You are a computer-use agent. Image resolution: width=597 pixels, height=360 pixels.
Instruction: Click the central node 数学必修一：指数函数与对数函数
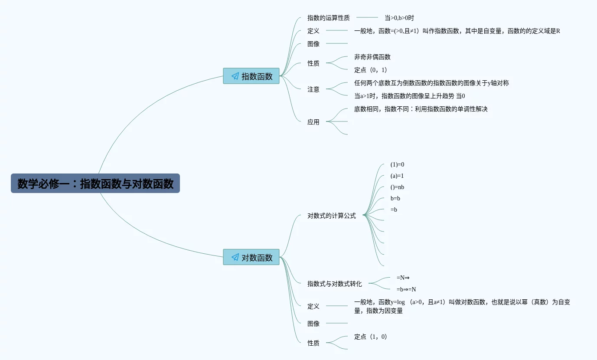pyautogui.click(x=95, y=183)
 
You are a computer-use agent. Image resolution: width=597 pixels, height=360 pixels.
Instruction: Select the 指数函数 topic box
pyautogui.click(x=251, y=76)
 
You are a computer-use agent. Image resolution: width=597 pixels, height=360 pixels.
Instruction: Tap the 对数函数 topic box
pyautogui.click(x=251, y=257)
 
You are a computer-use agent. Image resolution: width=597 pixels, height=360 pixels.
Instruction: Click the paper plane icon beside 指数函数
pyautogui.click(x=235, y=76)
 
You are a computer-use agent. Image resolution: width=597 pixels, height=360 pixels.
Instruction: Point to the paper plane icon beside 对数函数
pyautogui.click(x=235, y=257)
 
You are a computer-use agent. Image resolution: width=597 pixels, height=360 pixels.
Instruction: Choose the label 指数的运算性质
pyautogui.click(x=329, y=18)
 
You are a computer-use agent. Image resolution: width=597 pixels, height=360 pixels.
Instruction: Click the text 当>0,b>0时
pyautogui.click(x=399, y=18)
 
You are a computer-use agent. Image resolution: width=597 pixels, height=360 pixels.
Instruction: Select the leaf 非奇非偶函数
pyautogui.click(x=372, y=57)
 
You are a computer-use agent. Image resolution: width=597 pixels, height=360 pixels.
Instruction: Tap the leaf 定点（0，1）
pyautogui.click(x=371, y=70)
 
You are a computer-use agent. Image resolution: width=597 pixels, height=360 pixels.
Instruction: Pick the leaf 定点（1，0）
pyautogui.click(x=371, y=337)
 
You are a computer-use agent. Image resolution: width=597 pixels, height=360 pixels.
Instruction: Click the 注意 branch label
pyautogui.click(x=313, y=89)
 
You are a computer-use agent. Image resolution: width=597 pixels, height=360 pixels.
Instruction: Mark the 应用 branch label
pyautogui.click(x=313, y=122)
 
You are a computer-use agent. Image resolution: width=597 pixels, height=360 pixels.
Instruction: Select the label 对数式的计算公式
pyautogui.click(x=332, y=216)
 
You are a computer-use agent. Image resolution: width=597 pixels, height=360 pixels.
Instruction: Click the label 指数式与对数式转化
pyautogui.click(x=335, y=284)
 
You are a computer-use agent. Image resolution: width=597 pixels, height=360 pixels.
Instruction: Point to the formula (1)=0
pyautogui.click(x=397, y=165)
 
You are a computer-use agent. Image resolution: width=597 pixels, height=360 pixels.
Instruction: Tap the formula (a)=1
pyautogui.click(x=397, y=176)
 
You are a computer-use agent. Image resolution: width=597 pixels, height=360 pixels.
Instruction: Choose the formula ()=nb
pyautogui.click(x=397, y=187)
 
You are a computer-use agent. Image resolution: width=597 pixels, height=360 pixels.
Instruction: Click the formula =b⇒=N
pyautogui.click(x=406, y=289)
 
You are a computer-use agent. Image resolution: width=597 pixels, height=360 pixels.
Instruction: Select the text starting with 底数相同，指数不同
pyautogui.click(x=421, y=109)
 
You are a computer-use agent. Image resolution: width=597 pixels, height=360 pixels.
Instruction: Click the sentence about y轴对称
pyautogui.click(x=431, y=83)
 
